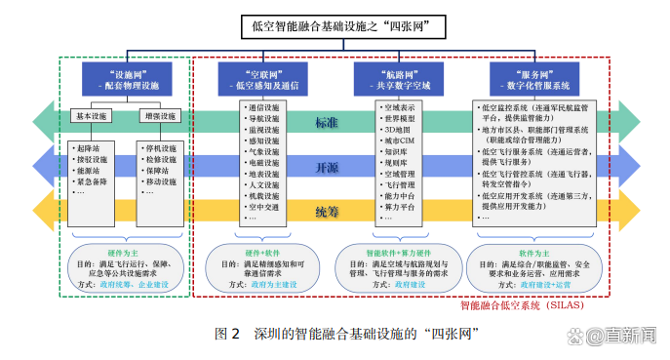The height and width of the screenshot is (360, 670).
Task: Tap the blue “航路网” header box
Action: pos(399,79)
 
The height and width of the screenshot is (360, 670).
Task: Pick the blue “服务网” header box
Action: pos(539,79)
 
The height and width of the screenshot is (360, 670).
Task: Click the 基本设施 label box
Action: pos(94,116)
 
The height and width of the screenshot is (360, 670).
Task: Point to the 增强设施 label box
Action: pos(159,116)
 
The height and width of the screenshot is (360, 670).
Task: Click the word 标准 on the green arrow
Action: pos(327,123)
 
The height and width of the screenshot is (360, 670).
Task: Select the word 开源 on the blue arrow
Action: pos(327,167)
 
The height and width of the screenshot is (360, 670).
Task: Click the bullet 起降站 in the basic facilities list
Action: pos(89,148)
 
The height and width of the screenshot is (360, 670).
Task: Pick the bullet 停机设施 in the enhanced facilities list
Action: pos(161,148)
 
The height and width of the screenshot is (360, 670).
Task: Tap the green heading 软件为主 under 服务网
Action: pos(539,253)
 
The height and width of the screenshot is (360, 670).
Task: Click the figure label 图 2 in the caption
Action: pos(227,334)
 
